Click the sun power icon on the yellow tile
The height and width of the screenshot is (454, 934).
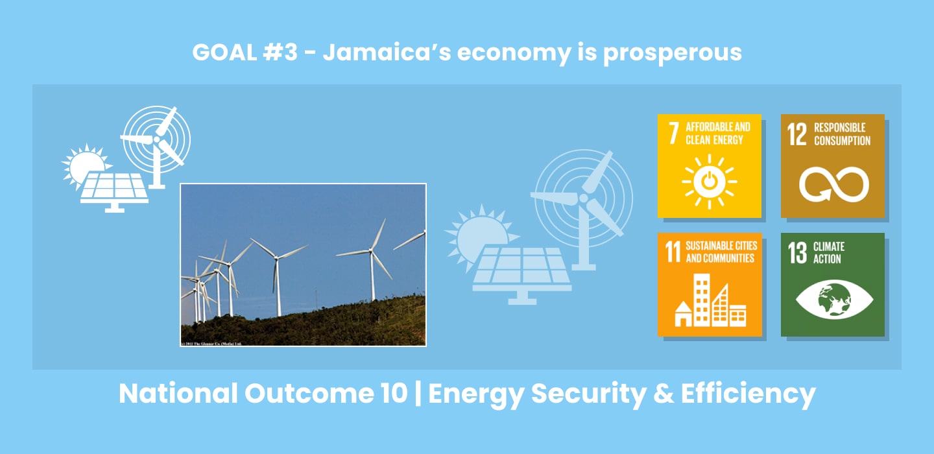[x=709, y=182]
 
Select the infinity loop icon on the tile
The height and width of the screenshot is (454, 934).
[x=833, y=184]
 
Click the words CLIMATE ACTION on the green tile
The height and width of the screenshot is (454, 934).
[x=828, y=252]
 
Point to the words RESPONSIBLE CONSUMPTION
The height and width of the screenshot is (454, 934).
[x=842, y=134]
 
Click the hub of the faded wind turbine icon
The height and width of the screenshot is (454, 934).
[x=582, y=197]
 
